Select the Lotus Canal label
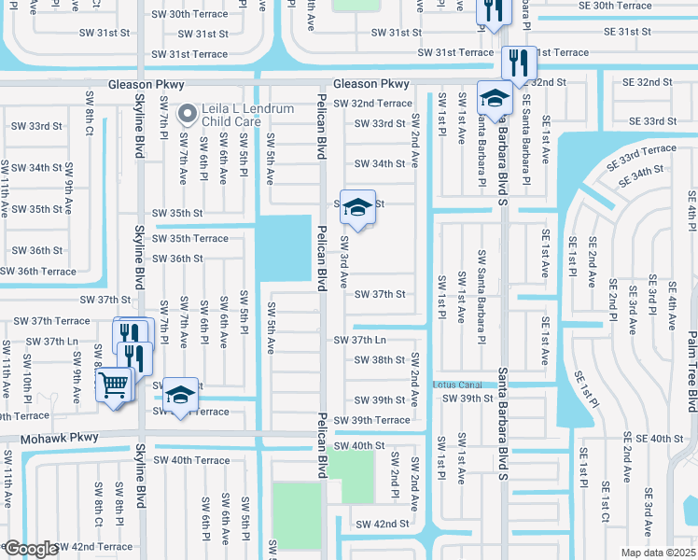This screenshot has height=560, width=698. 456,385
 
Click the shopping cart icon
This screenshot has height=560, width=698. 114,384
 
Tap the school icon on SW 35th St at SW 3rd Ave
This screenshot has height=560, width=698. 356,207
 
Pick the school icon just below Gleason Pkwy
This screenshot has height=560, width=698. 495,97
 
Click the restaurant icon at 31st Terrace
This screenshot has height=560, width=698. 518,63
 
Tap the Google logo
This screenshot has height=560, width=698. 30,549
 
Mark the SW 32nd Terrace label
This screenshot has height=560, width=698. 372,104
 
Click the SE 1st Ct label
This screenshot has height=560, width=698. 606,504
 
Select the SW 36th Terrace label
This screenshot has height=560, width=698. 38,271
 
